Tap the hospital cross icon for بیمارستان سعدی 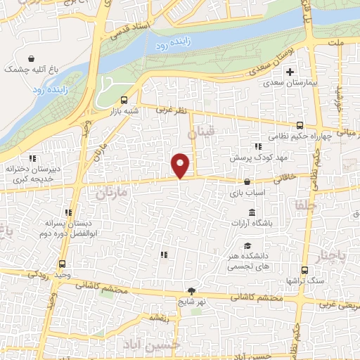[x=290, y=72]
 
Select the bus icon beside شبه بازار [x=124, y=101]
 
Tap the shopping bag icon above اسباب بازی [x=246, y=182]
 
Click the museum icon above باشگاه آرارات [x=252, y=213]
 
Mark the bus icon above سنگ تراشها [x=304, y=270]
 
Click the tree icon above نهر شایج [x=191, y=291]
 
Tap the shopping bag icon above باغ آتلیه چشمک [x=31, y=59]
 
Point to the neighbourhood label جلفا [x=297, y=207]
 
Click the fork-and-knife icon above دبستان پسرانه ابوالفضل [x=68, y=212]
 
